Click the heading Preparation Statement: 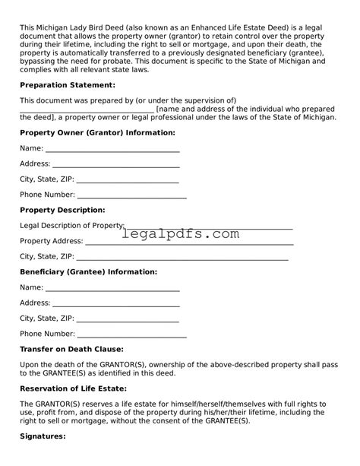(67, 84)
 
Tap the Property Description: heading (62, 209)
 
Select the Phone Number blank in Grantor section (132, 196)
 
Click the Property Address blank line (189, 243)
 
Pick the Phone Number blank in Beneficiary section (132, 335)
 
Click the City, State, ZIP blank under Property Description (182, 258)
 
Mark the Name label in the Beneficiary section (31, 287)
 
